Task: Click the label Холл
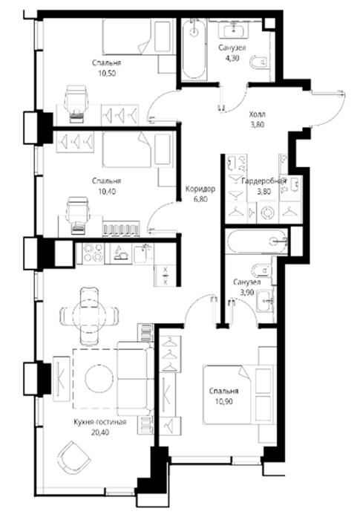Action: point(258,114)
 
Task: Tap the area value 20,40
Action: point(100,432)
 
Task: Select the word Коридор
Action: point(200,189)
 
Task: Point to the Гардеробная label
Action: point(264,181)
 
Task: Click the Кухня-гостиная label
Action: point(100,422)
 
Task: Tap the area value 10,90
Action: point(223,402)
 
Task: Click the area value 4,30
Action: point(232,58)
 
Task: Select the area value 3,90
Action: point(246,293)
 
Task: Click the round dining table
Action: point(89,316)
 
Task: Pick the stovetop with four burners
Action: point(93,253)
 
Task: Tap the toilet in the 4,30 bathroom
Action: point(260,62)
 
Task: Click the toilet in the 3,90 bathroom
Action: point(261,270)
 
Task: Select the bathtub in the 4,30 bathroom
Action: point(194,49)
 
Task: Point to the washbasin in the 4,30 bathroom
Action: point(234,31)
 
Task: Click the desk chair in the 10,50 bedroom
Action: point(76,100)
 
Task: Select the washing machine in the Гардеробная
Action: point(268,212)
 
